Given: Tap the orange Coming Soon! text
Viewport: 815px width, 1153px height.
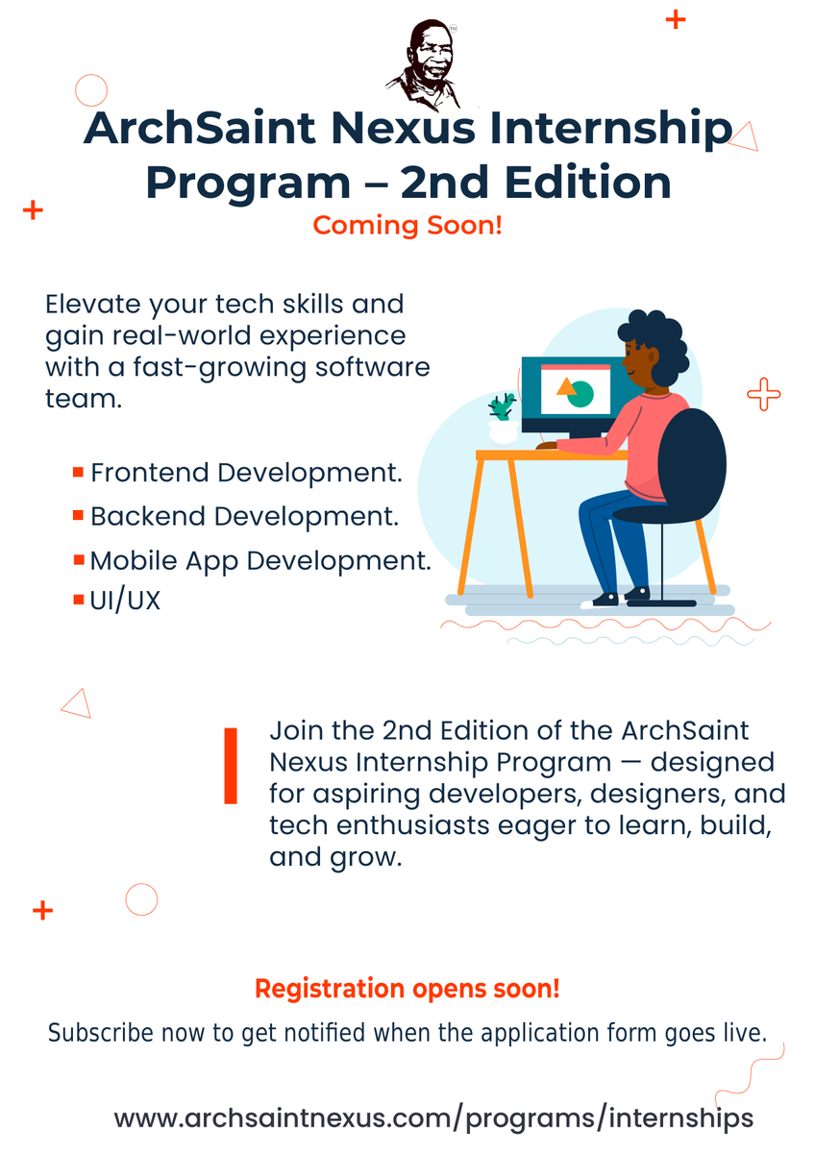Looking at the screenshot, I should click(x=407, y=226).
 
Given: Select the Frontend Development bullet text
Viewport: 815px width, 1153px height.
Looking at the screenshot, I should click(x=245, y=473).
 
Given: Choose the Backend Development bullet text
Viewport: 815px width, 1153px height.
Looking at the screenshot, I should click(x=244, y=516).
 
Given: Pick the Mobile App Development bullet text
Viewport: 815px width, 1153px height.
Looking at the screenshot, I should click(x=260, y=560).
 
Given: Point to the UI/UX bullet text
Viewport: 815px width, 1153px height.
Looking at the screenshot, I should click(x=125, y=601).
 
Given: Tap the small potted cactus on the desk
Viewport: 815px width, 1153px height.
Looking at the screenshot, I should click(x=502, y=418).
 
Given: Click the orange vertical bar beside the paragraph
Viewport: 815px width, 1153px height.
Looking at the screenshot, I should click(x=231, y=766).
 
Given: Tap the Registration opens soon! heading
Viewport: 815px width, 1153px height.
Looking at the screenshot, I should click(x=407, y=988).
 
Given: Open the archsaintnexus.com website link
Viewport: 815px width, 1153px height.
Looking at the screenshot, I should click(x=433, y=1118).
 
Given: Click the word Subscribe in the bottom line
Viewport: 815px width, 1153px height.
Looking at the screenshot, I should click(x=100, y=1034).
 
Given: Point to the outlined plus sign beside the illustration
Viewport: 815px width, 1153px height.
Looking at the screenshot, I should click(x=764, y=394).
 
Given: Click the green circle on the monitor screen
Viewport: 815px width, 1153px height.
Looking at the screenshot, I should click(x=580, y=394).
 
